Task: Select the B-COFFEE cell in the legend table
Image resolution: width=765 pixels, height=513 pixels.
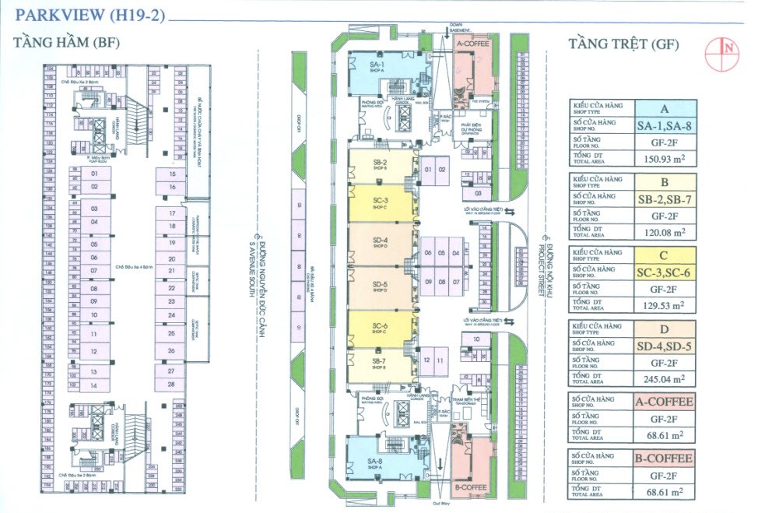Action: coord(664,458)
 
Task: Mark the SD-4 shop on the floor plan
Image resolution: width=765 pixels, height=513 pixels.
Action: coord(381,245)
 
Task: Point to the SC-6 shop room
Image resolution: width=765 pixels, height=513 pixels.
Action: coord(381,329)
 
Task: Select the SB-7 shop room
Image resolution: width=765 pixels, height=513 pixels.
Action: coord(380,365)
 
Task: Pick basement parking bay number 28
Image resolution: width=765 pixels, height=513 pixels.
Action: coord(170,385)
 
